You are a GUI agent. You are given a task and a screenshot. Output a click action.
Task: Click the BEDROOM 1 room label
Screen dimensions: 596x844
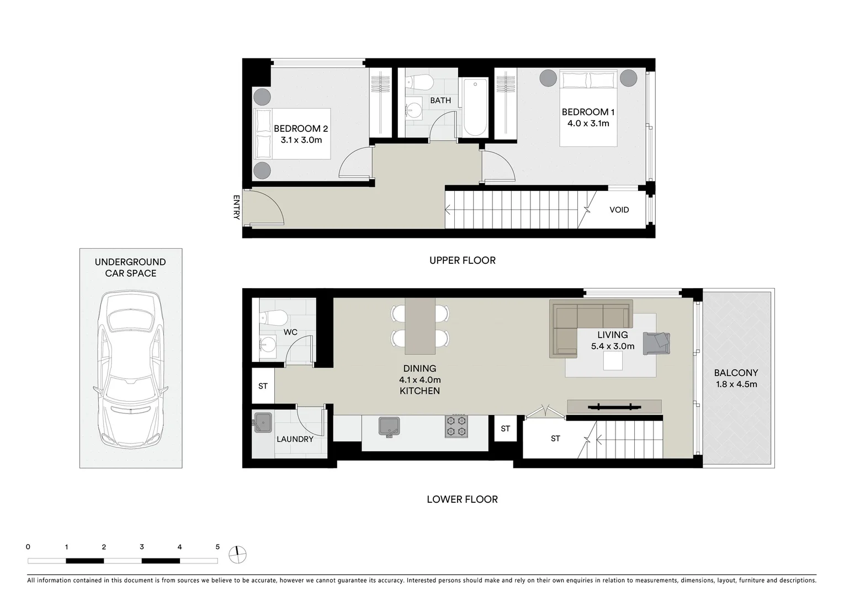(x=588, y=112)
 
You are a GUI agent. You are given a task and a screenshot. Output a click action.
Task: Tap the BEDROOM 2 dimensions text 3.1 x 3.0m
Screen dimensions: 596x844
(x=301, y=140)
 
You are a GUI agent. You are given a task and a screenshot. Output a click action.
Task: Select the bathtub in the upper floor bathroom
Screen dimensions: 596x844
(x=475, y=108)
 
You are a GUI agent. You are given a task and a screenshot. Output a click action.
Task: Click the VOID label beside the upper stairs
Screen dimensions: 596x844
(x=619, y=210)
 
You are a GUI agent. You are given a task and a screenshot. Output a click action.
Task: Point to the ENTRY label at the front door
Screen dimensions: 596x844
(x=236, y=207)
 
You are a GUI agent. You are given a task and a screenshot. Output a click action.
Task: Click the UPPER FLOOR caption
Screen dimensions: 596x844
(x=462, y=260)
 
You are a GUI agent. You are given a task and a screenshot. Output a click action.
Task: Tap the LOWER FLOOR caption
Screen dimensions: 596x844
(x=462, y=499)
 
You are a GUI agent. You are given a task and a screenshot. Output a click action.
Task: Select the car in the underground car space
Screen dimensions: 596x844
(x=130, y=370)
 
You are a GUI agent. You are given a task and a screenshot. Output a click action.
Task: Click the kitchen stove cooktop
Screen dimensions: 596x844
(x=456, y=426)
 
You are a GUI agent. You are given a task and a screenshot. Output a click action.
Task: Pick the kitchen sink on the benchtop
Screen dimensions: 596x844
(x=390, y=427)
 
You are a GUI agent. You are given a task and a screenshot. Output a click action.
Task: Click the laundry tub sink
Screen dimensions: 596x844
(x=263, y=423)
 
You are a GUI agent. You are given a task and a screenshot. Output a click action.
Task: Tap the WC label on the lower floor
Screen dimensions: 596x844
(x=290, y=332)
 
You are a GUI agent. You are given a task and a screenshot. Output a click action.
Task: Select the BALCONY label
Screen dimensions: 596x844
(x=736, y=373)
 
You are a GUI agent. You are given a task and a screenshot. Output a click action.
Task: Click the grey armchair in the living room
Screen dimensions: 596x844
(x=656, y=343)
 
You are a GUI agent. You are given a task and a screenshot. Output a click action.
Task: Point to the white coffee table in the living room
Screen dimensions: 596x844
(x=613, y=361)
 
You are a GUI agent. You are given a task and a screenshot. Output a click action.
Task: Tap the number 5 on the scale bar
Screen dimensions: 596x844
(x=217, y=547)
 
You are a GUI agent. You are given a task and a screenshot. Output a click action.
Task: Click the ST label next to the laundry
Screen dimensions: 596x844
(x=263, y=386)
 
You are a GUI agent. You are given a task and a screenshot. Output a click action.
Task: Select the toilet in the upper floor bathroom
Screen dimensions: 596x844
(x=419, y=83)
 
